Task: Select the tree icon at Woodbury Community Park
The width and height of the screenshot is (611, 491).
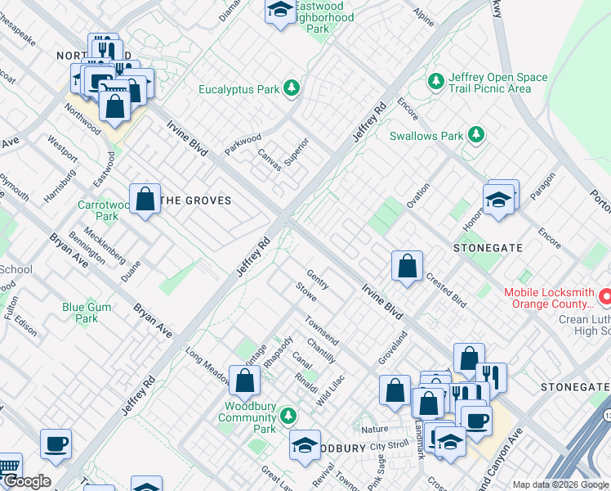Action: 288,417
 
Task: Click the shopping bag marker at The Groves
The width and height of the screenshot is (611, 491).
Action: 145,199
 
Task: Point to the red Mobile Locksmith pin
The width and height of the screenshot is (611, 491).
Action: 605,293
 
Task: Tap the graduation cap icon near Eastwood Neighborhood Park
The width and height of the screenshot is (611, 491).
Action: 279,11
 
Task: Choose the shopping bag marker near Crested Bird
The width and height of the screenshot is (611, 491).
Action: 407,266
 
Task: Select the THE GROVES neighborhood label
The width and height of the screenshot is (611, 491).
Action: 196,200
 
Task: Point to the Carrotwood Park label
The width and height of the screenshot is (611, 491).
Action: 98,211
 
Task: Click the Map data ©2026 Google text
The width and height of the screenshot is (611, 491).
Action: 560,484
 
